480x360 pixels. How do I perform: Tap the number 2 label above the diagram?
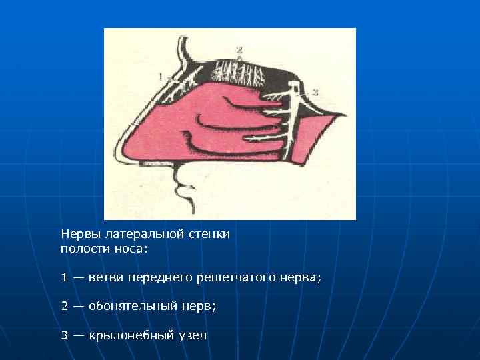[x=239, y=50]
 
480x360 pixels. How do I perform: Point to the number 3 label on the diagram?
[x=315, y=90]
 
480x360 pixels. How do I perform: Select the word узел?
[x=192, y=335]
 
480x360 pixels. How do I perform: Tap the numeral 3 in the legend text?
[x=65, y=335]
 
